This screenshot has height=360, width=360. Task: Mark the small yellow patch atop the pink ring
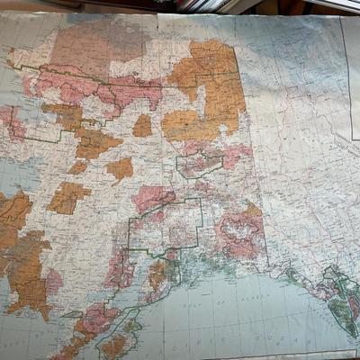[253, 211]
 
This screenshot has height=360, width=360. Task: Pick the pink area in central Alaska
[153, 198]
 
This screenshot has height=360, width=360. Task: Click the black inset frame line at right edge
[352, 90]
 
